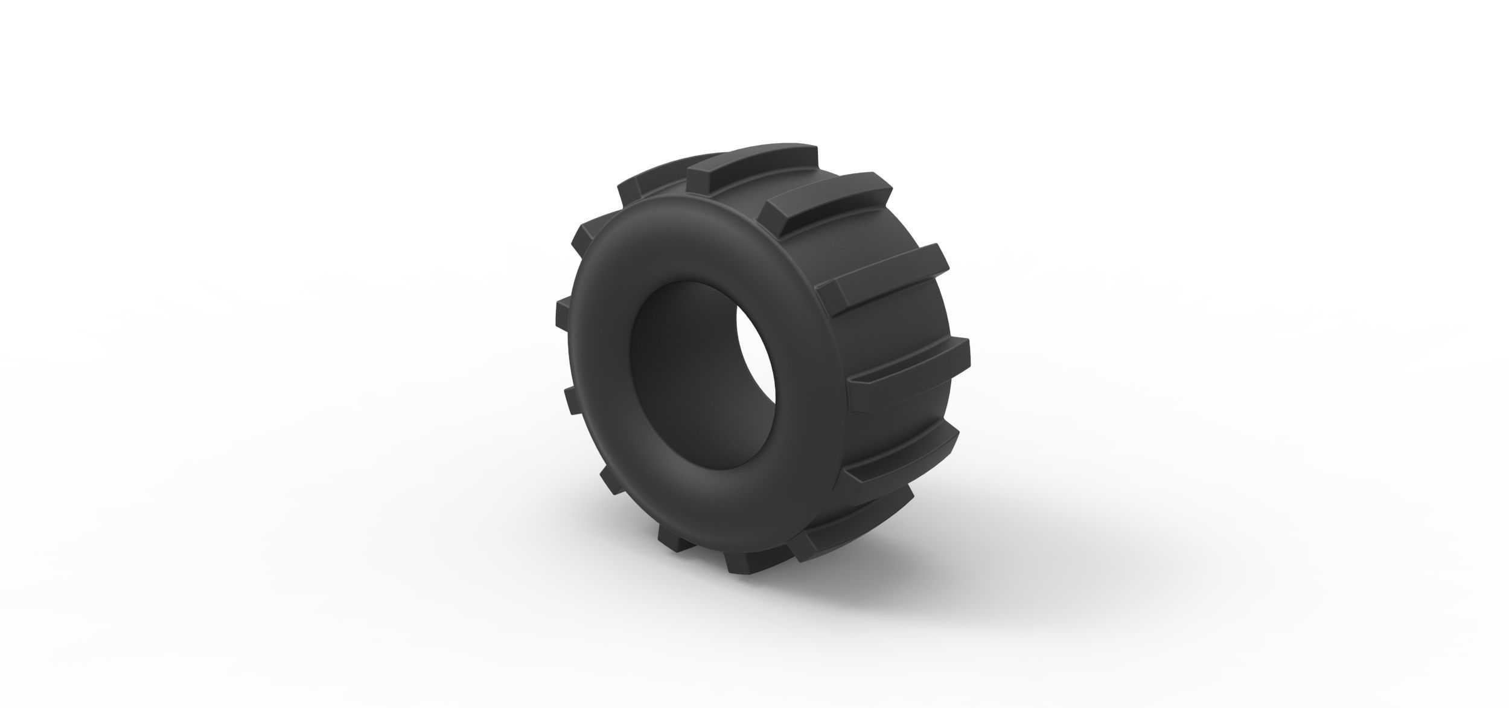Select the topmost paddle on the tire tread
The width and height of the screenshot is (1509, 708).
pos(754,159)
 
